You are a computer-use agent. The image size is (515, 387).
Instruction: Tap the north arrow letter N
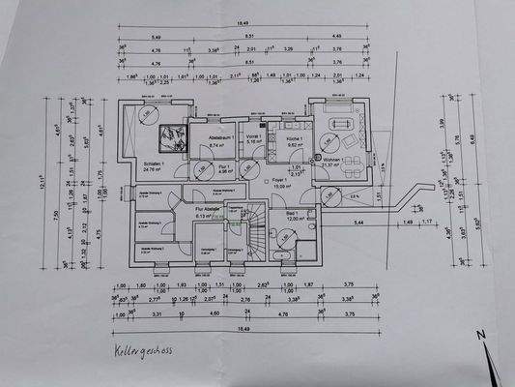click(x=476, y=336)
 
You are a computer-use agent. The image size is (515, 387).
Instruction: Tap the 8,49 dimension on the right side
click(x=474, y=138)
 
